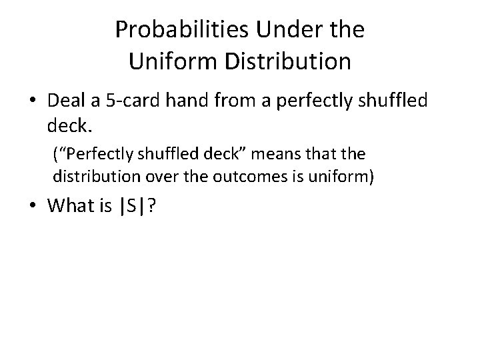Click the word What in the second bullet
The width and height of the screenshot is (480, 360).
[72, 206]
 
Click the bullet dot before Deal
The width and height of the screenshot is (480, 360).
[33, 102]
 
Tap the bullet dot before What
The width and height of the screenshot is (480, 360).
[33, 207]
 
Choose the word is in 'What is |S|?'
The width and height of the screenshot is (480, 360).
[107, 206]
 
